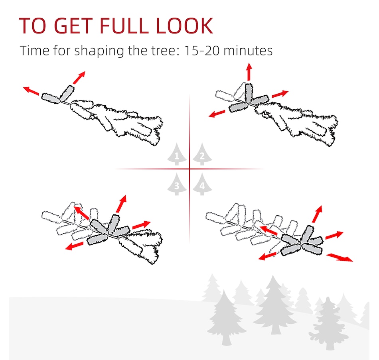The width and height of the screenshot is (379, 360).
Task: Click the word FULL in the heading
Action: [x=124, y=26]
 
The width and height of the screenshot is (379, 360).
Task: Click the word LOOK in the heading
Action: [x=184, y=26]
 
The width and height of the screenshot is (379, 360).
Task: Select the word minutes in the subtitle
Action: [x=248, y=51]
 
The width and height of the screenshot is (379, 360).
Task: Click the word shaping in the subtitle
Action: [x=99, y=51]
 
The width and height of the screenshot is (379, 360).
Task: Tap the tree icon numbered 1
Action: [x=177, y=154]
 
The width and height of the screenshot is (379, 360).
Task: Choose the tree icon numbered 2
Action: [x=202, y=154]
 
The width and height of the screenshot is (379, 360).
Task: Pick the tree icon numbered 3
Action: [x=177, y=184]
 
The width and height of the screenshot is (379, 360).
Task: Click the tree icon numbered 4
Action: [x=202, y=184]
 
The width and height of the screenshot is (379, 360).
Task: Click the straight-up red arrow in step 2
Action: [x=249, y=72]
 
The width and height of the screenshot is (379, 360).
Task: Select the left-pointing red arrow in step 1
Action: [x=31, y=90]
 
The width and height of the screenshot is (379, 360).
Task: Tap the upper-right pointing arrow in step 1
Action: [x=79, y=77]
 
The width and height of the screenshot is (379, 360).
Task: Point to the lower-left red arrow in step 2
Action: [x=217, y=114]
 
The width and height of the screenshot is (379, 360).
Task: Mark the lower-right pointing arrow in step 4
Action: [x=340, y=257]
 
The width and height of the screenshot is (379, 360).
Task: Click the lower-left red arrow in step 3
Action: [x=74, y=246]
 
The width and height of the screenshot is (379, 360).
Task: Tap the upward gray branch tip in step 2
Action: [x=249, y=93]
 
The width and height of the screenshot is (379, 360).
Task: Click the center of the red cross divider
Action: [x=189, y=169]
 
